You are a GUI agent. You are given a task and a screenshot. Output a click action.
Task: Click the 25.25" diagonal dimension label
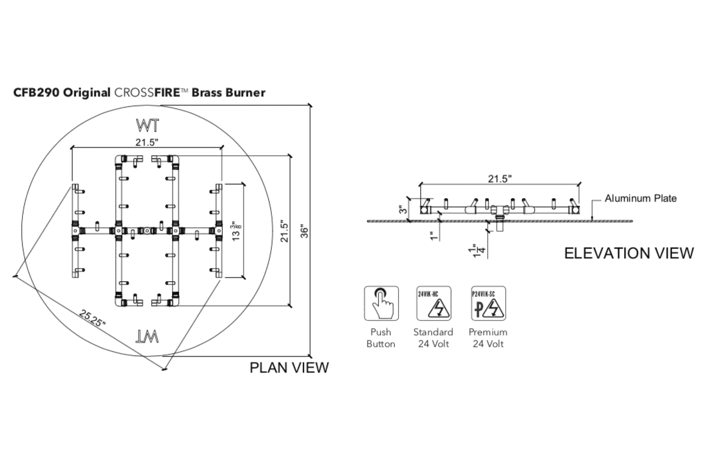92,318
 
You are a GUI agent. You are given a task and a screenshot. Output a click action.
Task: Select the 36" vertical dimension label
305,233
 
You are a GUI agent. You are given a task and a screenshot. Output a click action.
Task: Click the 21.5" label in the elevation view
500,179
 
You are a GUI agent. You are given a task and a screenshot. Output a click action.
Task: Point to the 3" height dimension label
402,210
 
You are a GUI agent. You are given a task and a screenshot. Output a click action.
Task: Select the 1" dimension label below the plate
434,236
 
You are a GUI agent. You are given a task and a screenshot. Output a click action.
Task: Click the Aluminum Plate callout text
640,199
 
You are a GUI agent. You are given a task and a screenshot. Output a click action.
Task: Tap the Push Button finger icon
381,303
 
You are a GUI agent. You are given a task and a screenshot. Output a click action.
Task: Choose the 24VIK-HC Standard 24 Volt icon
434,303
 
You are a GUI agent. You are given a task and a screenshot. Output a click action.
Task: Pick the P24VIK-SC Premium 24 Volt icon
488,303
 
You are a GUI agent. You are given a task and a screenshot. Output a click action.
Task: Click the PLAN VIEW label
289,368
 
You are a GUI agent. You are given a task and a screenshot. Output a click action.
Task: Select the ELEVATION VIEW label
629,253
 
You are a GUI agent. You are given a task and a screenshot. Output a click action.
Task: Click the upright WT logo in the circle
148,126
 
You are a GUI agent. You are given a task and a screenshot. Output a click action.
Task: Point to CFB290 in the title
37,93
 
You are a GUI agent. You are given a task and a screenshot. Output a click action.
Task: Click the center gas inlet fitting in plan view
146,231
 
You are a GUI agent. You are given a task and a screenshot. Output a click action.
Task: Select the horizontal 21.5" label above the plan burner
147,142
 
